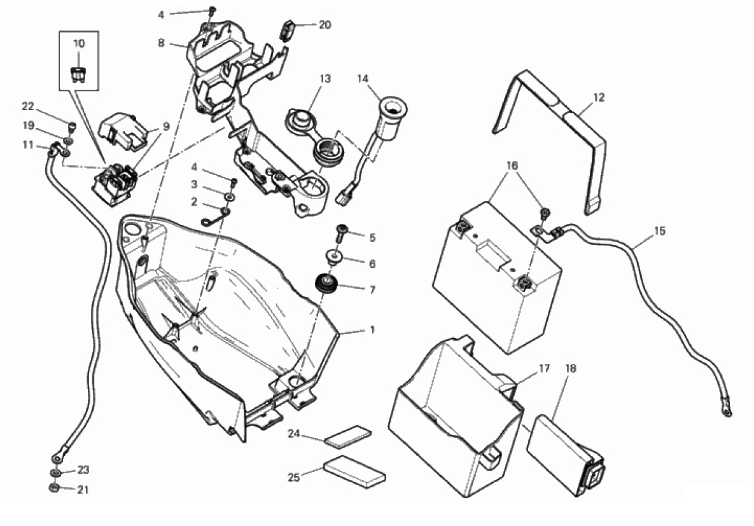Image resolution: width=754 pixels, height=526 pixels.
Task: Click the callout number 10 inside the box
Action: coord(79,43)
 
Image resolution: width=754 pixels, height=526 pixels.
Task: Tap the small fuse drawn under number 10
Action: coord(78,75)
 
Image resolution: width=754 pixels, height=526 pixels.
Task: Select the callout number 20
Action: coord(325,25)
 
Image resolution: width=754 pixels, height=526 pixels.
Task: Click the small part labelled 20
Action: coord(286,30)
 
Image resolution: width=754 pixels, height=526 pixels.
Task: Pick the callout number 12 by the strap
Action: coord(598,97)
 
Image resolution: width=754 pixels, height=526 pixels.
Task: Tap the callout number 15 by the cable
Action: coord(660,231)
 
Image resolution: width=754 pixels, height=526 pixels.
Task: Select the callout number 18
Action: coord(570,368)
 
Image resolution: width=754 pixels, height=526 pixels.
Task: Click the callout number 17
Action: coord(543,368)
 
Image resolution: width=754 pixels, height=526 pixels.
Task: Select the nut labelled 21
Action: coord(55,488)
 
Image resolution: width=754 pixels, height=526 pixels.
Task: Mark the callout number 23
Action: coord(83,470)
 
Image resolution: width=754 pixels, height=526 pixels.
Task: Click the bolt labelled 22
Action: coord(72,128)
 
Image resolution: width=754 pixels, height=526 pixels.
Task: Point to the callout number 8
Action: coord(160,43)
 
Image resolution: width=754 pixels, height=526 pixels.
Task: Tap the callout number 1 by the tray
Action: coord(372,330)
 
